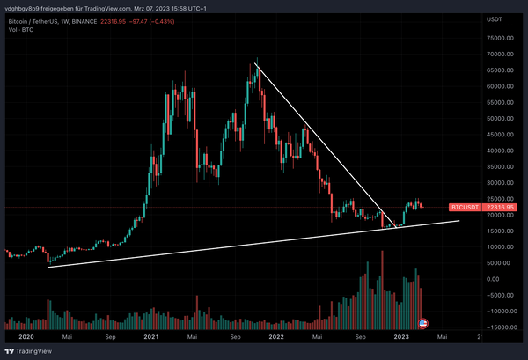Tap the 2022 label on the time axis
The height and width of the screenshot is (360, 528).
click(275, 337)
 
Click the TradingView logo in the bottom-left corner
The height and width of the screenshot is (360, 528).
click(26, 351)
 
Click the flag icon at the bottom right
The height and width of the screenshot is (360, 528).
click(422, 324)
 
